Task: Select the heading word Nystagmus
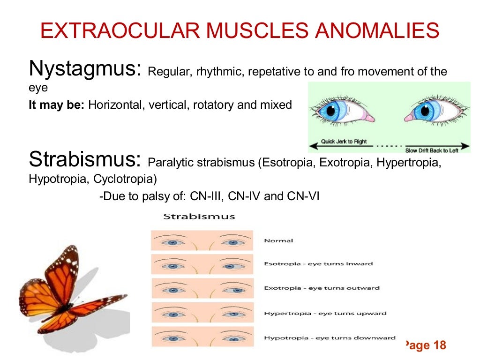pos(84,69)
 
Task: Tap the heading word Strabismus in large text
pos(84,159)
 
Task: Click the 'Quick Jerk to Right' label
pos(344,142)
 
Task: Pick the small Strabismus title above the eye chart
pos(199,217)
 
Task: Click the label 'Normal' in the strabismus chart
pos(278,241)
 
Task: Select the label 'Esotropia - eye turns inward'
pos(318,264)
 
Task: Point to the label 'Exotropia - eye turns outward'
pos(322,288)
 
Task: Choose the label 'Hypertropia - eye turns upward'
pos(325,313)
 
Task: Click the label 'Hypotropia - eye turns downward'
pos(330,337)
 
